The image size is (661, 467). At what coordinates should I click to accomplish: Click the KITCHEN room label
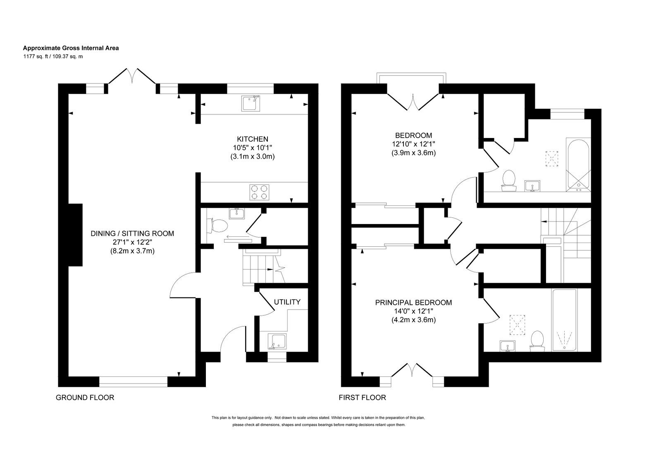pos(252,139)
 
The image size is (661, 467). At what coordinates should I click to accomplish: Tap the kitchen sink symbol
pos(251,103)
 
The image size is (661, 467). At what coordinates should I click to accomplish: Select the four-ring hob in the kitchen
pos(259,192)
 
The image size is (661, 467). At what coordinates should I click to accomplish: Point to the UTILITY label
pos(287,302)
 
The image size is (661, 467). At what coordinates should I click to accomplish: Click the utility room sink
pos(277,341)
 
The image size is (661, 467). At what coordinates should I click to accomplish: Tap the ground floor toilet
pos(217,226)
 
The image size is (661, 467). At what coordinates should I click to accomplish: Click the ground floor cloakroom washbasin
pos(236,214)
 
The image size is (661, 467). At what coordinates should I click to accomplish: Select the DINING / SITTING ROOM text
pos(132,233)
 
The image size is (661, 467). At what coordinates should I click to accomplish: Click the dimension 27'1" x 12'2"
pos(132,243)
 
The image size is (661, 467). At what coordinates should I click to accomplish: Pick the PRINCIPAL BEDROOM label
pos(413,303)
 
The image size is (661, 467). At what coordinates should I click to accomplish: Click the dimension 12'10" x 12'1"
pos(413,144)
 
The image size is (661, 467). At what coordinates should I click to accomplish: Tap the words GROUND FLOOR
pos(85,398)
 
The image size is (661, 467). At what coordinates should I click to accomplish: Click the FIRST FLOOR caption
pos(363,398)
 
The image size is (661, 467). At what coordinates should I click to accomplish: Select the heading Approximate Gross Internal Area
pos(71,48)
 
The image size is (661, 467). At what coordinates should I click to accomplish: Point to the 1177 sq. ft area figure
pos(34,57)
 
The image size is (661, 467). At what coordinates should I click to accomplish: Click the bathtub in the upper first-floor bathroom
pos(578,165)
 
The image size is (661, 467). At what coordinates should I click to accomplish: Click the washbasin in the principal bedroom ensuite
pos(508,346)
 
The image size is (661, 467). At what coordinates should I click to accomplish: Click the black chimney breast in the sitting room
pos(75,235)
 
